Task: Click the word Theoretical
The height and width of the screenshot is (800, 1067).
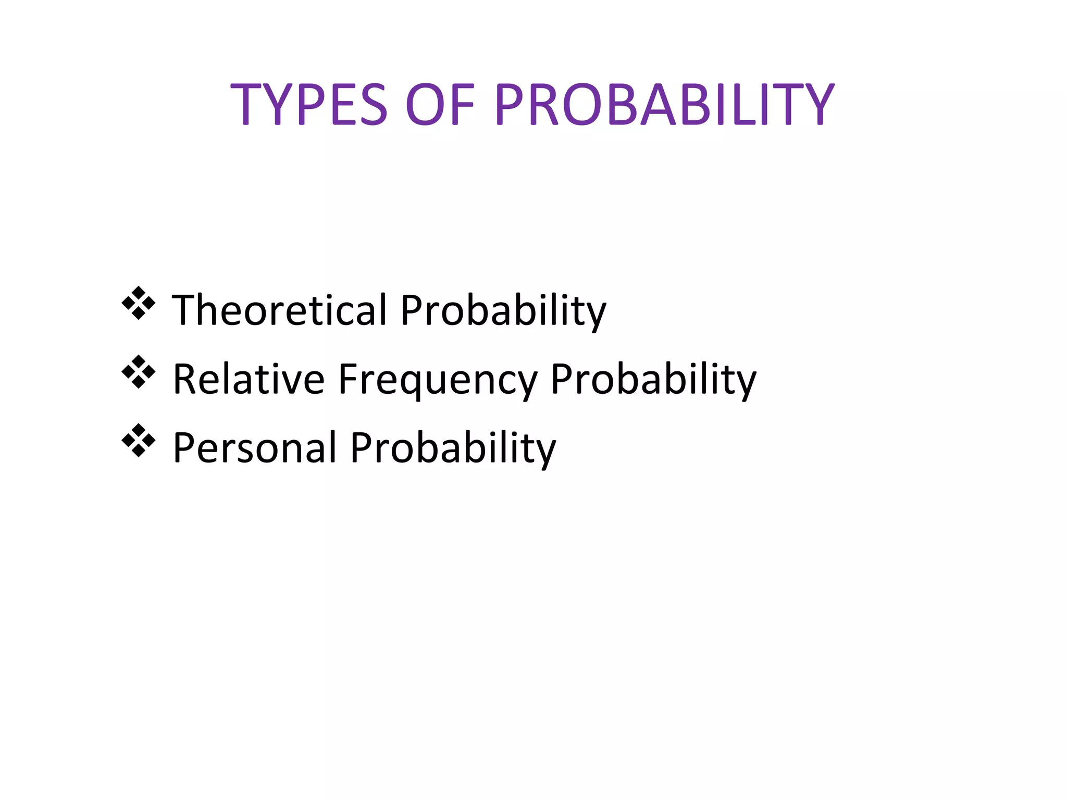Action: [x=279, y=310]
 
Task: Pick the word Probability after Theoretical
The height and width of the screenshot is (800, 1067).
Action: [x=503, y=311]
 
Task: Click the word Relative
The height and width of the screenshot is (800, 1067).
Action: [x=249, y=379]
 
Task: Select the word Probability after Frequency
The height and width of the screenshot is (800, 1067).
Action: [x=653, y=380]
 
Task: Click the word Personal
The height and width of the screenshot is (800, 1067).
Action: [x=255, y=447]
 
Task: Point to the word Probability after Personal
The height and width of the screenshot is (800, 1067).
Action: [x=453, y=448]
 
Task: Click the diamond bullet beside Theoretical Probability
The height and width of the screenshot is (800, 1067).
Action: [x=139, y=303]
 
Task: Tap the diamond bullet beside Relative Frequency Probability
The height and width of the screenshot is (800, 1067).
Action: [x=139, y=371]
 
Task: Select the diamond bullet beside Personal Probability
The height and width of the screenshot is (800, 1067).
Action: [x=139, y=440]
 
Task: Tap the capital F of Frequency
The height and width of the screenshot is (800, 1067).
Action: [x=348, y=379]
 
